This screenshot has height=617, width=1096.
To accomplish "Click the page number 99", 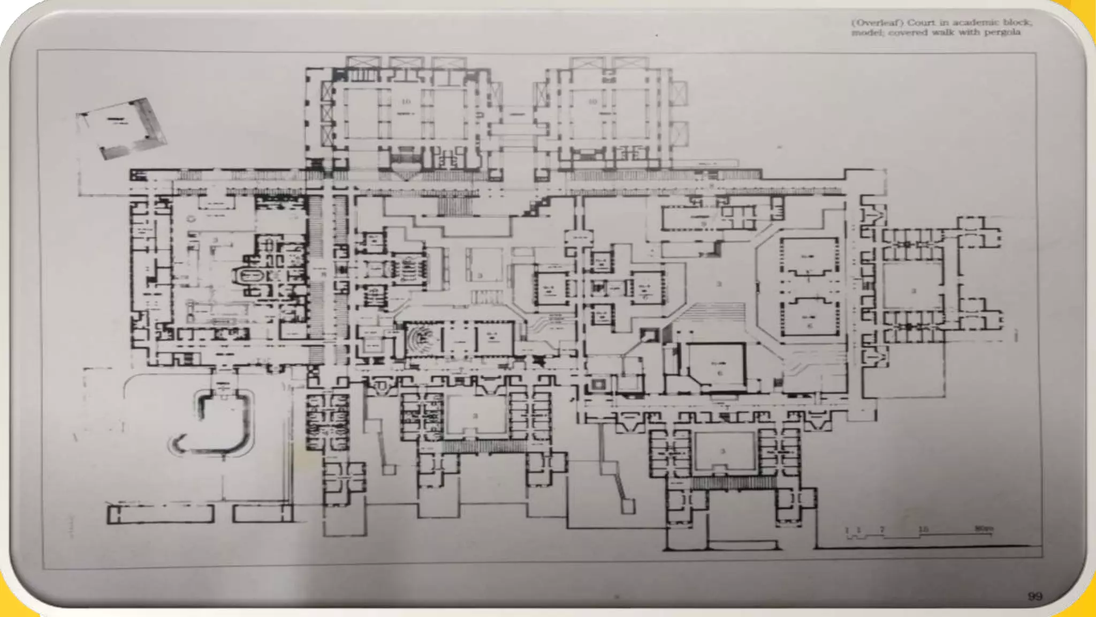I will (1035, 596).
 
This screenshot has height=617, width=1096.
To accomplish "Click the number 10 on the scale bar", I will (923, 529).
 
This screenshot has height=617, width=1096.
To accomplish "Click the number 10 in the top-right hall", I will (592, 101).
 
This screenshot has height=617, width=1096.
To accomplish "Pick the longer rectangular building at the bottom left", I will (161, 514).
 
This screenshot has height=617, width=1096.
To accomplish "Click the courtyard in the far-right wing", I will (912, 289).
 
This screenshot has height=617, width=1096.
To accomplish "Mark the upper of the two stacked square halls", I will (809, 258).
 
